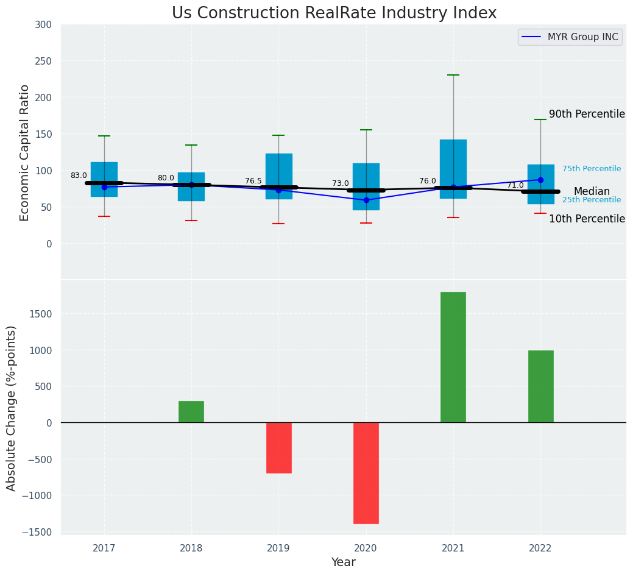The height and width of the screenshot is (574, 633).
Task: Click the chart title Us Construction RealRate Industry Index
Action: pyautogui.click(x=334, y=13)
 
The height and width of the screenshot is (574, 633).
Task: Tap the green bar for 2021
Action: pyautogui.click(x=453, y=357)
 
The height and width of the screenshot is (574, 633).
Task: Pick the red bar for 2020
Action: pyautogui.click(x=366, y=473)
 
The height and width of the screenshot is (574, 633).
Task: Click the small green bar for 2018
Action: pyautogui.click(x=191, y=412)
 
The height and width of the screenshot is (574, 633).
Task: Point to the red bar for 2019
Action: pyautogui.click(x=279, y=448)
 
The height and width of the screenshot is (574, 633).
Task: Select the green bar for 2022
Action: pyautogui.click(x=541, y=386)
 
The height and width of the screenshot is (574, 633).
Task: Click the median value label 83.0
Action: pyautogui.click(x=79, y=175)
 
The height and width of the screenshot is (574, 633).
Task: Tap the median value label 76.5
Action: pyautogui.click(x=253, y=181)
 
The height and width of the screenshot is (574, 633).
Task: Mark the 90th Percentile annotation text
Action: pyautogui.click(x=587, y=114)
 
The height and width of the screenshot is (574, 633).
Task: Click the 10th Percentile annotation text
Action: pyautogui.click(x=587, y=219)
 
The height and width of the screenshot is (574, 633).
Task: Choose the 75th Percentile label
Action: pyautogui.click(x=592, y=169)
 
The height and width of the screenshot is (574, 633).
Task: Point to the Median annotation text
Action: pyautogui.click(x=592, y=191)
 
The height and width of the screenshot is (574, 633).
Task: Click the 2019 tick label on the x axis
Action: pyautogui.click(x=279, y=548)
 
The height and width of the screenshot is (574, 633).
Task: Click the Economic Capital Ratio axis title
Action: pyautogui.click(x=25, y=152)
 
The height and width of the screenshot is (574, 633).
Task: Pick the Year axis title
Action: pyautogui.click(x=344, y=562)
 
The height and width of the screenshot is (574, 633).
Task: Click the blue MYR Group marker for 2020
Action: pyautogui.click(x=366, y=200)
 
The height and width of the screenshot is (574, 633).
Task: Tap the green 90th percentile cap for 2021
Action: pyautogui.click(x=453, y=75)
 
